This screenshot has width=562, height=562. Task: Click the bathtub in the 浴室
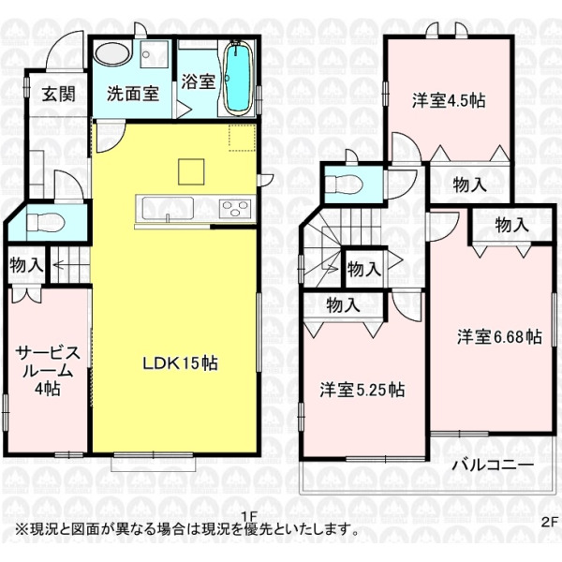[237, 78]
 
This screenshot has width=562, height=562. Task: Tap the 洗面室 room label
[133, 94]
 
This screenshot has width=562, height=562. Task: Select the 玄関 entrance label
[59, 94]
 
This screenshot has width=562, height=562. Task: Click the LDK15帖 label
[181, 363]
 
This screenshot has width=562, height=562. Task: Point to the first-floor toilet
[46, 223]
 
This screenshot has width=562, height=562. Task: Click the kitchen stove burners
[235, 209]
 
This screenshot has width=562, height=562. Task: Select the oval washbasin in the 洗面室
[112, 54]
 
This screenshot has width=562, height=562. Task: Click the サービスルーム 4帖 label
[48, 371]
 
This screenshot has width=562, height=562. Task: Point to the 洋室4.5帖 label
[449, 101]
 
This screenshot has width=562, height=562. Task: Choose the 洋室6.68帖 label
[499, 337]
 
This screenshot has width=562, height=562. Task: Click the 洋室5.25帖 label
[362, 390]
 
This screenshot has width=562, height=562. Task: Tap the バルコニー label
[493, 466]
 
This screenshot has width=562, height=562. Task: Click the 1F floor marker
[249, 516]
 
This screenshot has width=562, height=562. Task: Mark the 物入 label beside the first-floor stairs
[26, 265]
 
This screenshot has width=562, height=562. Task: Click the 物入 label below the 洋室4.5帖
[470, 185]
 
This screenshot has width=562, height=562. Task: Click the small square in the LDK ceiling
[191, 172]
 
